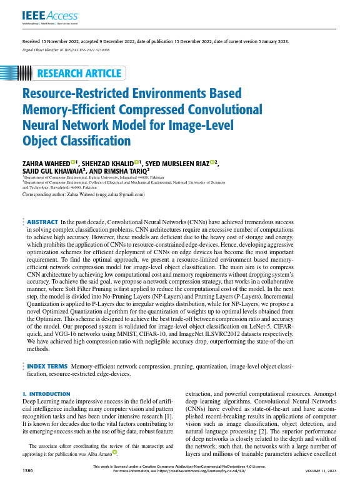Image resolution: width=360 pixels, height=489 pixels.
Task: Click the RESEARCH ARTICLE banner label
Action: coord(80,74)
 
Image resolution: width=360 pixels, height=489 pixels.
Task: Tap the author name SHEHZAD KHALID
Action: coord(110,163)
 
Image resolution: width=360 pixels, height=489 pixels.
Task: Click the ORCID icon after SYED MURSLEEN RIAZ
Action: coord(212,162)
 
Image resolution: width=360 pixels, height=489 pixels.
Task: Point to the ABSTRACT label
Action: coord(42,222)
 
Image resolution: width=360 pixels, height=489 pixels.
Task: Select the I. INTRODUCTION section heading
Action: coord(46,394)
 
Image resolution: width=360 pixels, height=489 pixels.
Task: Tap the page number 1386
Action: coord(28,470)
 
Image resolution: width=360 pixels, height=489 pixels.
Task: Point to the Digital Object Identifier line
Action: coord(66,48)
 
